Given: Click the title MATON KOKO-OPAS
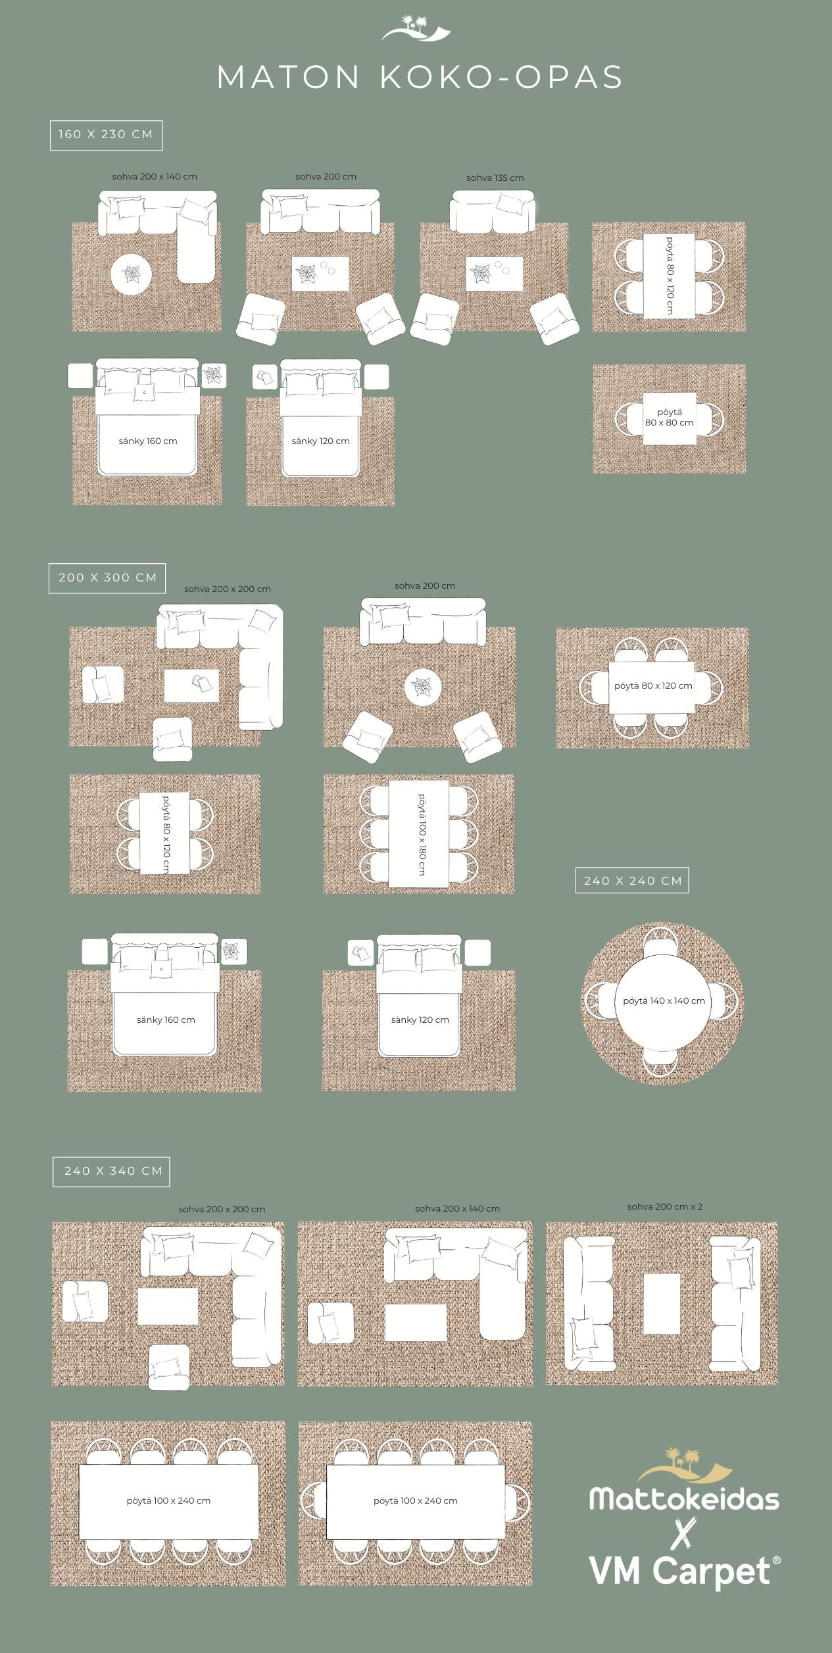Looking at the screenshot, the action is point(420,78).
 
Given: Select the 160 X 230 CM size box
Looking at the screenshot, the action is point(106,135).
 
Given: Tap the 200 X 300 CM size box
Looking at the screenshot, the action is point(107,578).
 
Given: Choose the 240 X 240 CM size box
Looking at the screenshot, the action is point(633,880).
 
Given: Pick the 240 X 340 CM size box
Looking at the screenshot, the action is point(112,1172).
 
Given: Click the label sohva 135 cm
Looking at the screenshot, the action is point(495,178).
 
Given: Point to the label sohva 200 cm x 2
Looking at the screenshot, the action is point(665,1206).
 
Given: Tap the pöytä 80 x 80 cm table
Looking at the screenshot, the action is point(670,417).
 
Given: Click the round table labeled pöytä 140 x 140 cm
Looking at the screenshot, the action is point(663,1001).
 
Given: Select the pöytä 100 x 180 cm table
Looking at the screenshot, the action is point(419,833).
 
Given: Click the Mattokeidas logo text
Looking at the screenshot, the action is point(684,1498).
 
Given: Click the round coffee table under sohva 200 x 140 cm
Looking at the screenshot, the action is point(132,274).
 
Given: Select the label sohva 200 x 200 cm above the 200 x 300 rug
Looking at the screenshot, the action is point(228,589).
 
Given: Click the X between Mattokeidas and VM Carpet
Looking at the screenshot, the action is point(685,1533).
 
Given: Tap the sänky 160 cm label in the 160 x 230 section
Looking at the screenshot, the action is point(148,441).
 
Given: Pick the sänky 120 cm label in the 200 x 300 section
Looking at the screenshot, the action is point(420,1020).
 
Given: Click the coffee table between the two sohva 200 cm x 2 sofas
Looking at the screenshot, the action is point(662,1303).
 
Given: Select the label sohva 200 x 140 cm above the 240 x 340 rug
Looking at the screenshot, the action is point(457,1208).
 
